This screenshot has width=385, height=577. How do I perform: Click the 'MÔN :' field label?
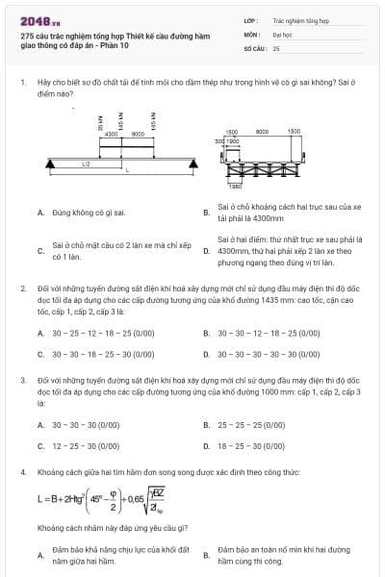click(x=252, y=33)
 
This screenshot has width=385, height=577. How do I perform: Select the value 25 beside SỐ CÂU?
click(x=276, y=47)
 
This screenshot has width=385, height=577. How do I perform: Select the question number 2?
click(x=22, y=288)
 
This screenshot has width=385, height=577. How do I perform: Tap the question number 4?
click(x=22, y=472)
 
